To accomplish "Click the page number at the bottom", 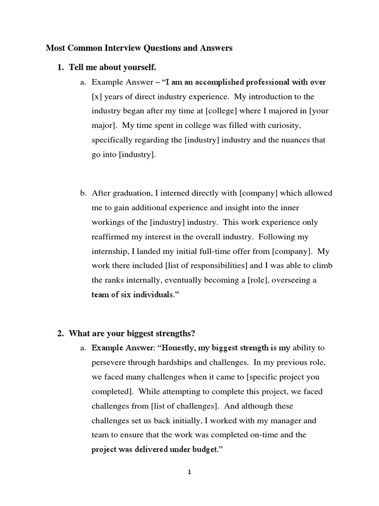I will pyautogui.click(x=189, y=472).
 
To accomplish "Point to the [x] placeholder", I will pyautogui.click(x=97, y=96).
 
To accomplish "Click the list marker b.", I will pyautogui.click(x=83, y=193).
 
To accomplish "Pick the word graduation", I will pyautogui.click(x=128, y=193).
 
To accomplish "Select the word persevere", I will pyautogui.click(x=109, y=362).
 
